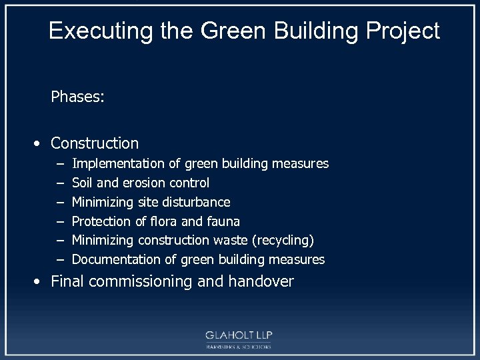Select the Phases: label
77,97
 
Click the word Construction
95,143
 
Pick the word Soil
83,183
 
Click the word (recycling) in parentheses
281,240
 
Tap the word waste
232,240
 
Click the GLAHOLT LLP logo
239,338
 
